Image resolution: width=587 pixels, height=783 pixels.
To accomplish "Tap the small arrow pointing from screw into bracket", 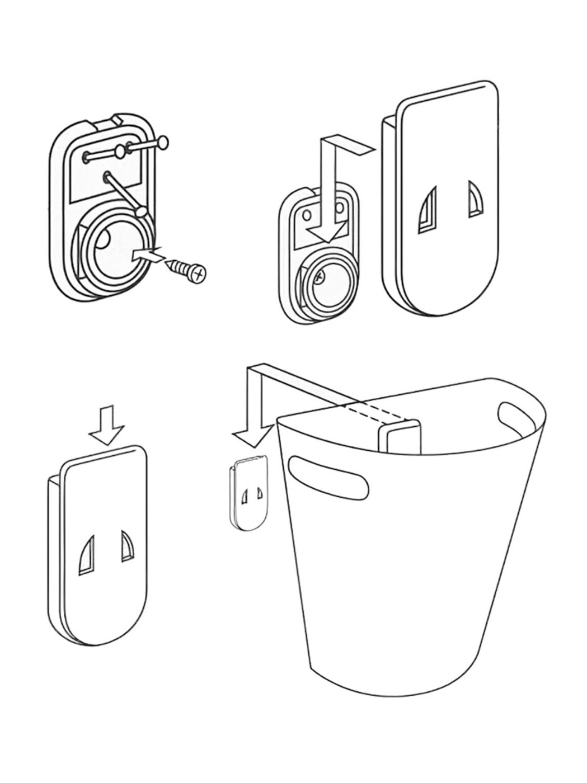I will [x=147, y=254].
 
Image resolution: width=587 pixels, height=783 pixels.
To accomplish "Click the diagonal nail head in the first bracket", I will [x=142, y=212].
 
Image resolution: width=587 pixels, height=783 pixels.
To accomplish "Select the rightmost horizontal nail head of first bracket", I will [x=162, y=143].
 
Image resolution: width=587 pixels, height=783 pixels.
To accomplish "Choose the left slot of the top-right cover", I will [x=428, y=210].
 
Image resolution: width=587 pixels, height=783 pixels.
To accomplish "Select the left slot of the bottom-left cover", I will [x=86, y=554].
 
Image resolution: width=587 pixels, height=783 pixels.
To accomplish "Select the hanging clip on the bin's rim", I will [x=398, y=437].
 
